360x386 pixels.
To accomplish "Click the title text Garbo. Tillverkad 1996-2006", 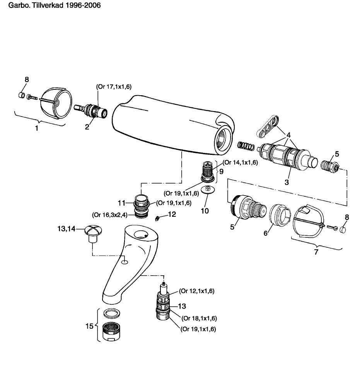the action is point(55,5).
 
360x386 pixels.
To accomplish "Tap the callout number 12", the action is point(172,214).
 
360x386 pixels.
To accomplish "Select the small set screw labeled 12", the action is point(157,218).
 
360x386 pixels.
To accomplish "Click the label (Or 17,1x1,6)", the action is point(114,87).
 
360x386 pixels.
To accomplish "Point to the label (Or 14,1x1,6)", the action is point(240,163).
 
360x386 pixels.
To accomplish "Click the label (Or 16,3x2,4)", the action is point(110,215).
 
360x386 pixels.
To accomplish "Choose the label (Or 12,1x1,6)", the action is point(197,291).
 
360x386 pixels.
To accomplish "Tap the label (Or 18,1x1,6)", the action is point(199,318).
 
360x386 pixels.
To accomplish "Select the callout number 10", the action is point(205,211).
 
